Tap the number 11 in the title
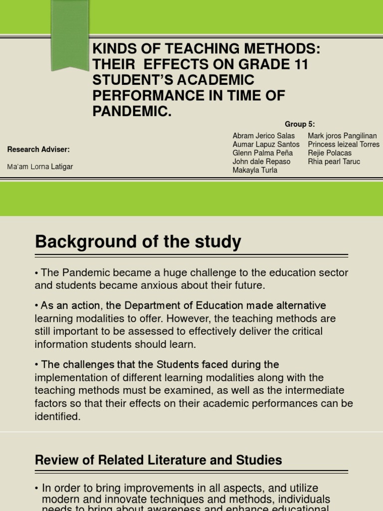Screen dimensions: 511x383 tap(300, 64)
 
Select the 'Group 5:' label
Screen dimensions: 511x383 tap(300, 124)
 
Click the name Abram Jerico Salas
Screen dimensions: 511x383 tap(263, 136)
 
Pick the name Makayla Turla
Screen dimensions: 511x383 tap(255, 170)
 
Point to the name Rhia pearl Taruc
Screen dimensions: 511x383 tap(334, 162)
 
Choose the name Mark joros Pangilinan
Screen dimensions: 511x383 tap(342, 136)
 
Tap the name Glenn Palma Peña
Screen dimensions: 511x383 tap(262, 153)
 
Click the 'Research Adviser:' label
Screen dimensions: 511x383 tap(38, 149)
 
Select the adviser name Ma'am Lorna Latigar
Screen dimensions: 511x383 tap(40, 167)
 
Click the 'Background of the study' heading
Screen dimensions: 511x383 tap(138, 243)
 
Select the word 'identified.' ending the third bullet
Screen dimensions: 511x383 tap(57, 417)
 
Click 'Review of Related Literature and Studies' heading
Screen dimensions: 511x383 tap(158, 460)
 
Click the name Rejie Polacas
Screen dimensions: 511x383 tap(330, 153)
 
